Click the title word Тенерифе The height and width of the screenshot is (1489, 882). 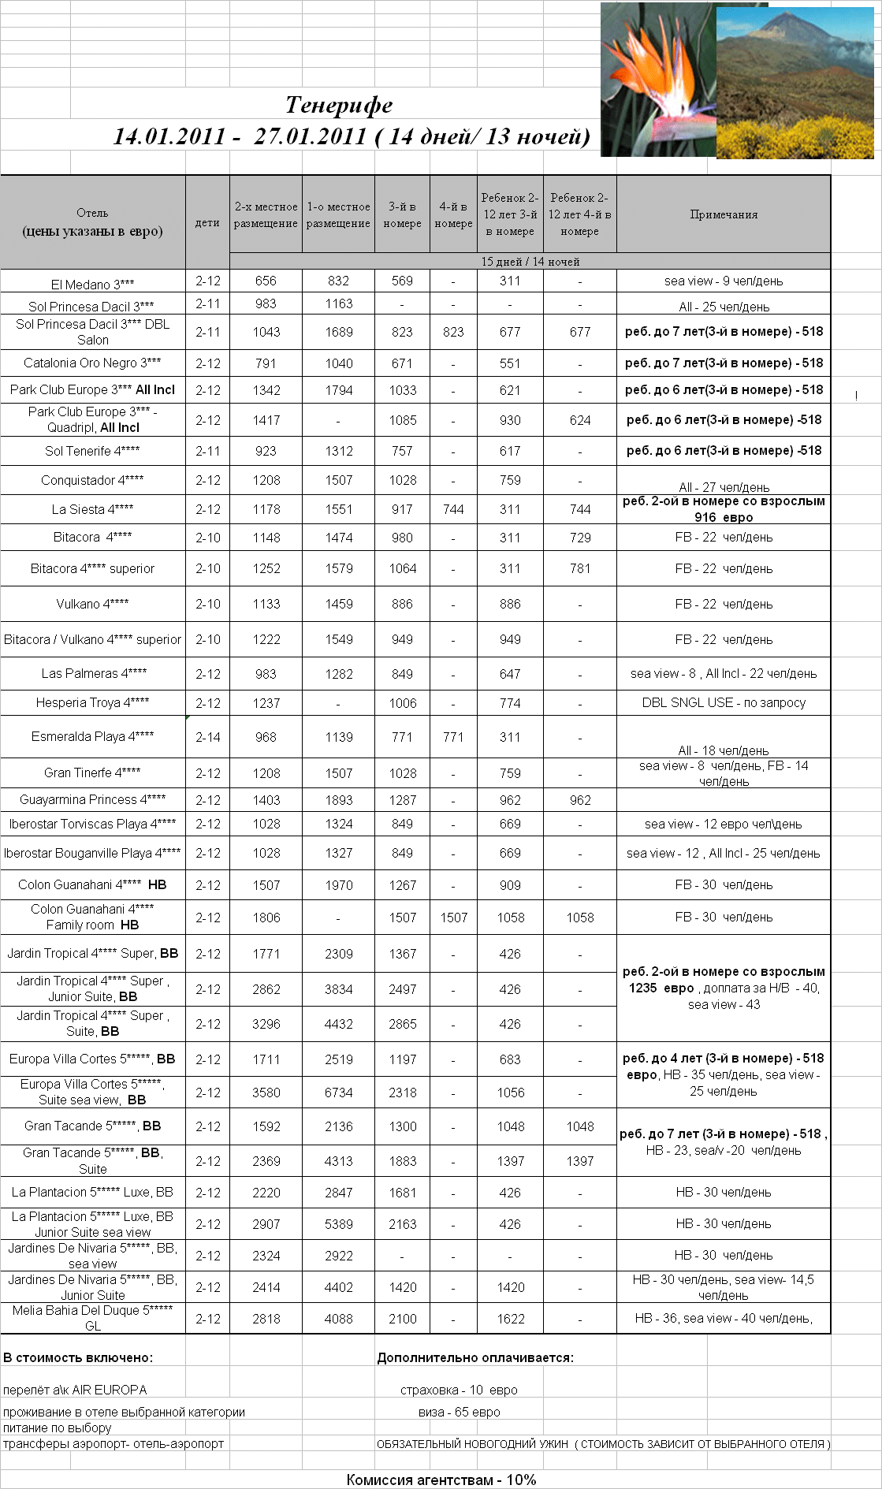coord(339,105)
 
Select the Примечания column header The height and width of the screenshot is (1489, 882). coord(724,214)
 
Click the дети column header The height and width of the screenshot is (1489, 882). coord(207,222)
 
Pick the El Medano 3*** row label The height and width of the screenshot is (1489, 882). coord(92,284)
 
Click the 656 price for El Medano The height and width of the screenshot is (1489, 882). coord(266,281)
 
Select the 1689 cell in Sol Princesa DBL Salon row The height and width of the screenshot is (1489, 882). coord(338,332)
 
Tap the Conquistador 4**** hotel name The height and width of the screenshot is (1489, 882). coord(92,480)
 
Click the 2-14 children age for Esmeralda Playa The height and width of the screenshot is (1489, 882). coord(208,737)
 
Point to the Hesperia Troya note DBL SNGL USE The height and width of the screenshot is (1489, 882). coord(724,702)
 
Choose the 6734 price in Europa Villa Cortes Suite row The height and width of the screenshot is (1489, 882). coord(338,1093)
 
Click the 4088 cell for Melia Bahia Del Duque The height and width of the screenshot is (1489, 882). coord(338,1319)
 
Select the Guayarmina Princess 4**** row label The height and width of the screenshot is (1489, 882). coord(92,799)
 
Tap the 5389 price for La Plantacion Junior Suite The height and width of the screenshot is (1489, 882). coord(338,1224)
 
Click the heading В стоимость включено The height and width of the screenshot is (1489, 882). coord(78,1357)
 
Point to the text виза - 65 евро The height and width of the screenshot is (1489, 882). coord(460,1412)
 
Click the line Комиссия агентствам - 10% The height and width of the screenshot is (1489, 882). coord(441,1480)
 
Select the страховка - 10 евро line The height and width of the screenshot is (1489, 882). coord(459,1390)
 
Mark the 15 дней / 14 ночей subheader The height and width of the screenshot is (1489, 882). coord(530,262)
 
